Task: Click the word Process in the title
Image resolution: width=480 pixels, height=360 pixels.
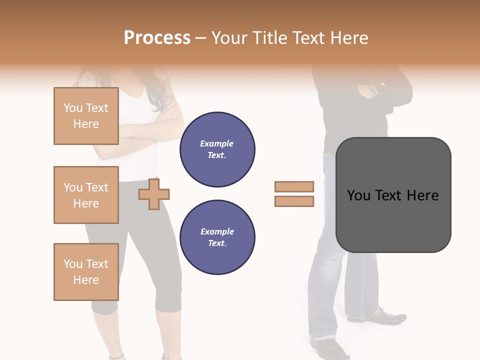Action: (x=157, y=38)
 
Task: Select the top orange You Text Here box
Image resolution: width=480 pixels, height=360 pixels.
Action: (x=86, y=116)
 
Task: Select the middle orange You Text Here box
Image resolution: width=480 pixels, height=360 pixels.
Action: (x=86, y=195)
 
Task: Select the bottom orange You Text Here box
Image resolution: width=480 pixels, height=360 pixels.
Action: (x=86, y=272)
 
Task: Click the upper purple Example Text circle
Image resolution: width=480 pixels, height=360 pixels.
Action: (x=217, y=149)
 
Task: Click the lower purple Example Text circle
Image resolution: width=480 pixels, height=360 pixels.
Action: (x=217, y=237)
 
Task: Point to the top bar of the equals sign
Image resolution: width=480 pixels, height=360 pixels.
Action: (x=294, y=186)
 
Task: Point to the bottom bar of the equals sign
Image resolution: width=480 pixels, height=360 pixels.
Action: (x=294, y=201)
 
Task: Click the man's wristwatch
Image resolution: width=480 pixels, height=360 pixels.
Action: (x=373, y=91)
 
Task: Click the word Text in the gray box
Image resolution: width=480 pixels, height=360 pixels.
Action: (x=390, y=195)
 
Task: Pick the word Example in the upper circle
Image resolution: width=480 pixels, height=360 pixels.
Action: (x=217, y=143)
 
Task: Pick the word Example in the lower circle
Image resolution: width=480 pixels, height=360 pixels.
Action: (x=217, y=231)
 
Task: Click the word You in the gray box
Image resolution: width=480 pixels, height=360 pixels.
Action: (x=359, y=195)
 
